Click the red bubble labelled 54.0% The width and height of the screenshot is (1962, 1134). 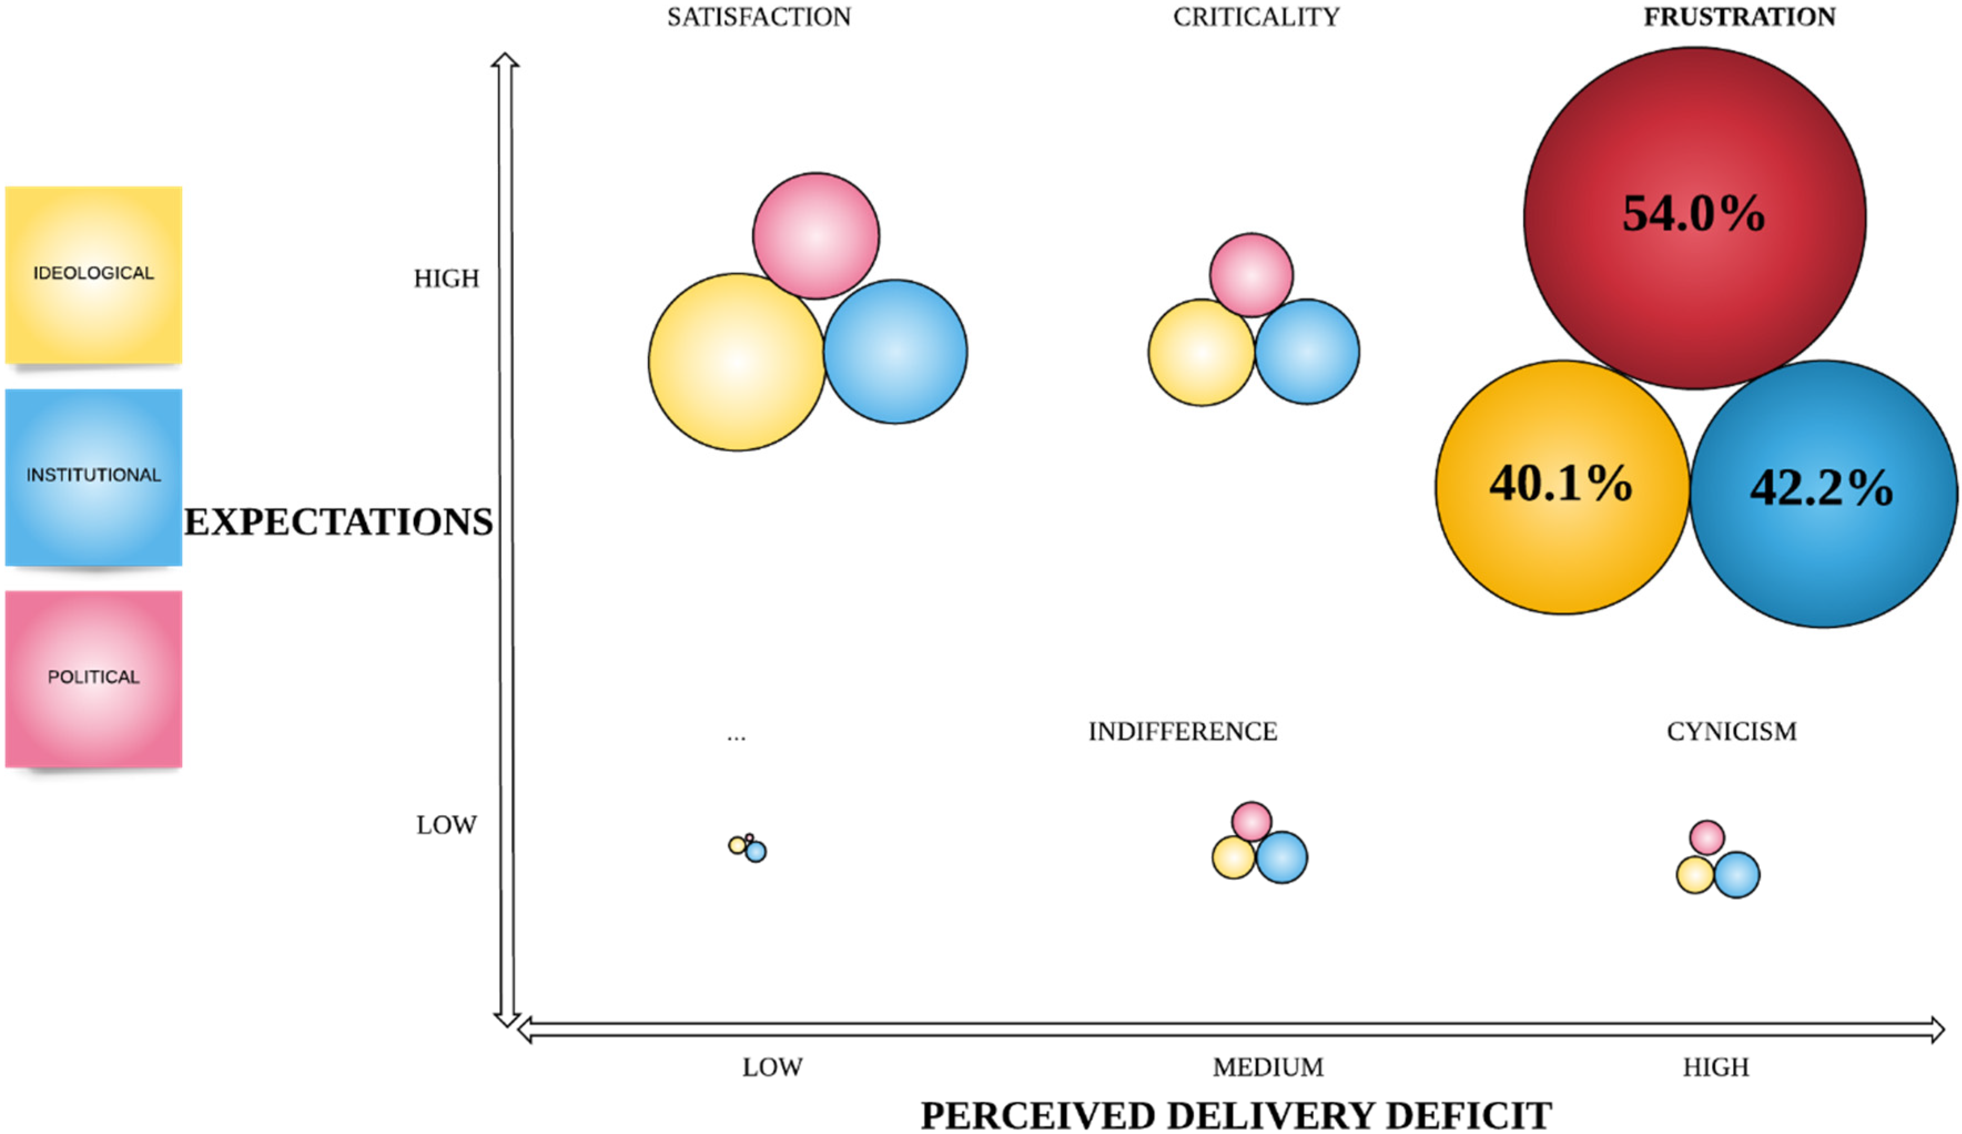click(1694, 218)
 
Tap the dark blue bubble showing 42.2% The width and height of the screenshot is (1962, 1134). click(1823, 494)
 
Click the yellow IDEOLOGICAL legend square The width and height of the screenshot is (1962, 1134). click(93, 274)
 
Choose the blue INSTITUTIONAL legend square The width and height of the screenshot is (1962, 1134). click(93, 476)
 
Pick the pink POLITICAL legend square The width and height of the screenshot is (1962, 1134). click(93, 678)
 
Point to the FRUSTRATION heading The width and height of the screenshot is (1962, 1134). click(1740, 17)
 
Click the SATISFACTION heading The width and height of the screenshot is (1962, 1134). click(759, 17)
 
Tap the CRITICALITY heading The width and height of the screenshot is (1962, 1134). click(1256, 17)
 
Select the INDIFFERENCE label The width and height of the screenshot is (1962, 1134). click(1183, 731)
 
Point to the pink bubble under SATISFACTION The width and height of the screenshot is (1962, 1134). click(816, 236)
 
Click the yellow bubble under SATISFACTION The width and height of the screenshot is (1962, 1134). click(737, 362)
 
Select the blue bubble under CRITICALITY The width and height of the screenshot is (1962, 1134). click(1307, 352)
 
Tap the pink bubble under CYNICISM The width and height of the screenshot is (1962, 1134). click(1707, 837)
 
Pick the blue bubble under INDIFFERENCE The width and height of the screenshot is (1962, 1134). click(1281, 857)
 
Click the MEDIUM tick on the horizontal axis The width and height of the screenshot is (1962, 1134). click(1268, 1067)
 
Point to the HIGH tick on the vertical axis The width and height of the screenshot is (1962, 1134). click(446, 278)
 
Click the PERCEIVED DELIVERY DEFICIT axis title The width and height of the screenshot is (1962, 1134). click(1236, 1115)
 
